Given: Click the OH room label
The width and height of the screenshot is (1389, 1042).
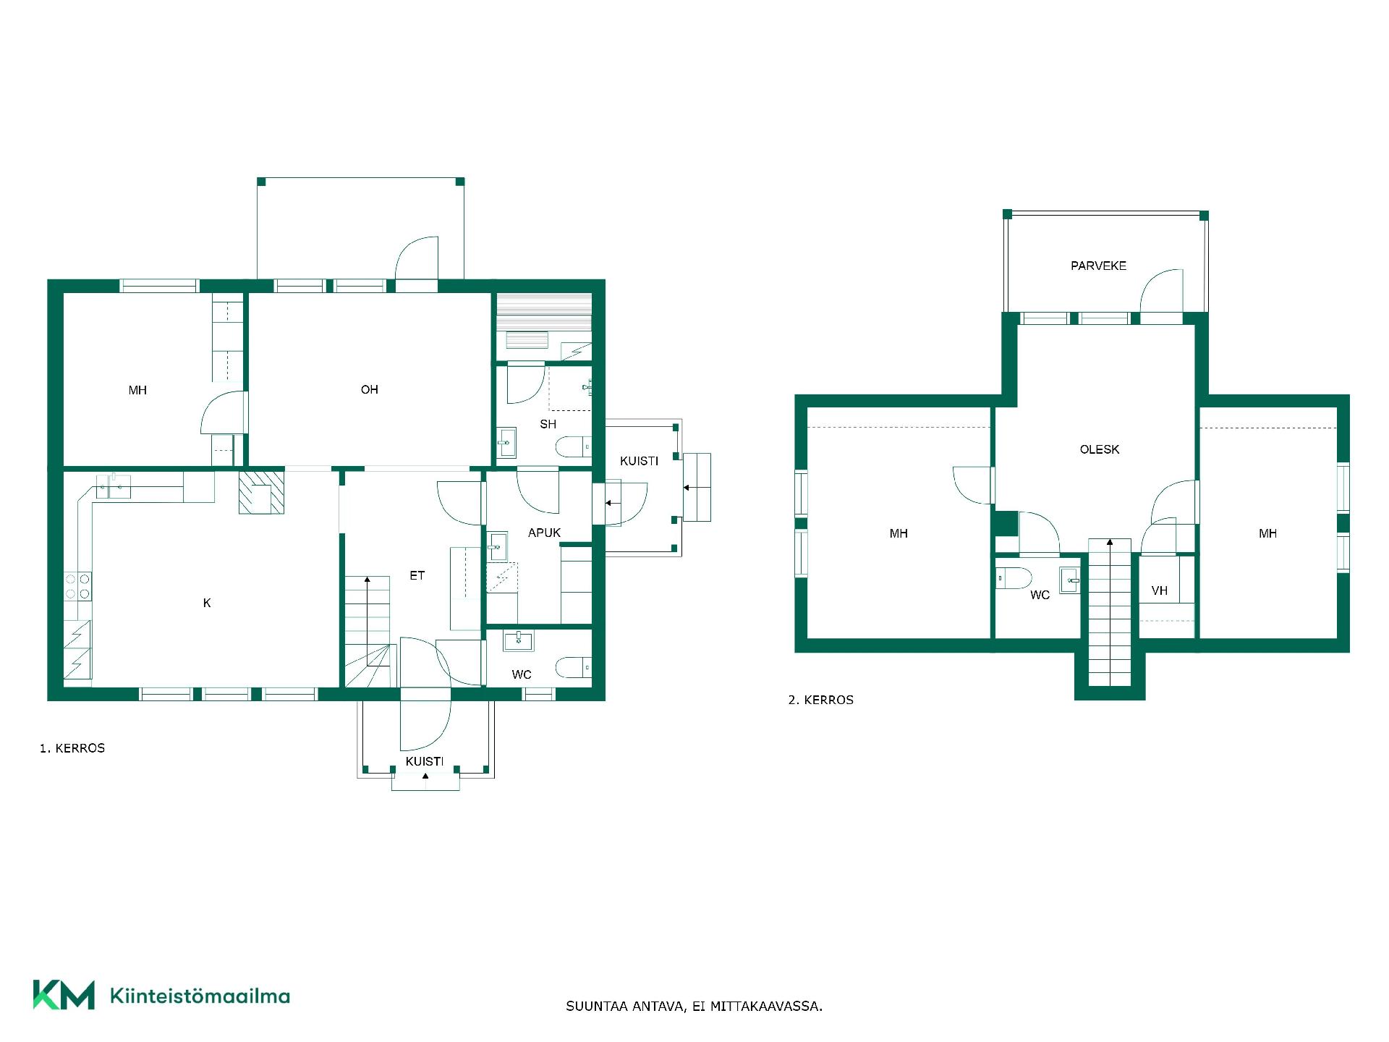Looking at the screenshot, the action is pyautogui.click(x=369, y=390).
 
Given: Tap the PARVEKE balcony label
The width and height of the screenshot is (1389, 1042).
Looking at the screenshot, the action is pyautogui.click(x=1098, y=266).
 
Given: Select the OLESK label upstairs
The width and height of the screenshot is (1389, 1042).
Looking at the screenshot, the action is pyautogui.click(x=1099, y=449).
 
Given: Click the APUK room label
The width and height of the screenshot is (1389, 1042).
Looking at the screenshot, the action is pyautogui.click(x=544, y=533).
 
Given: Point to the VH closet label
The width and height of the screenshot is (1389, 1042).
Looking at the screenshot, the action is pyautogui.click(x=1159, y=590).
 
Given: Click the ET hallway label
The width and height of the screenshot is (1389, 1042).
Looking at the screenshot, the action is pyautogui.click(x=417, y=575).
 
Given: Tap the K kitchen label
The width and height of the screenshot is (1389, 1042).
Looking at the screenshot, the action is pyautogui.click(x=207, y=603).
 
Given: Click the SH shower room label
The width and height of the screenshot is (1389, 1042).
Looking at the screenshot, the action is pyautogui.click(x=548, y=424).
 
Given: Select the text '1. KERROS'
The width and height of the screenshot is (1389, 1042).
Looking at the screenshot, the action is pyautogui.click(x=72, y=748).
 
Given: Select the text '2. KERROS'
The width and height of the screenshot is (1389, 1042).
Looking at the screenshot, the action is pyautogui.click(x=821, y=700).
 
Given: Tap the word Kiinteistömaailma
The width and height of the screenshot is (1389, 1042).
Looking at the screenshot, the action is pyautogui.click(x=200, y=996).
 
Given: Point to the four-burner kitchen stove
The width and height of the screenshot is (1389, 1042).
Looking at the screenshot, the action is pyautogui.click(x=78, y=586).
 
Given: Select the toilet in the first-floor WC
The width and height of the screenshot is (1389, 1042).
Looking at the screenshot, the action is pyautogui.click(x=574, y=667).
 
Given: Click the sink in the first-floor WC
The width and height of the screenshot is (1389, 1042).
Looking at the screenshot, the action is pyautogui.click(x=518, y=640).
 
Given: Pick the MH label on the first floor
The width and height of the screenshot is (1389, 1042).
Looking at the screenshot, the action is pyautogui.click(x=137, y=391).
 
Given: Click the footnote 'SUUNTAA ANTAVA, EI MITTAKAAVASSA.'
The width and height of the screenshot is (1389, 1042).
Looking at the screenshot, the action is pyautogui.click(x=694, y=1006).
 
